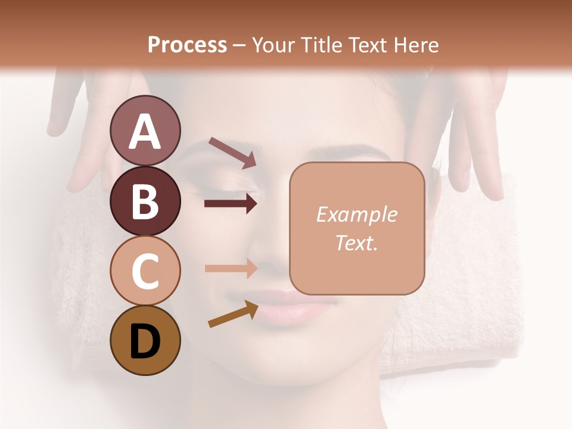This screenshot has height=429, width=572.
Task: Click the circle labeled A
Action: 145,130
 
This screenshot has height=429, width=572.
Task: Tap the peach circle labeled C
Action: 145,271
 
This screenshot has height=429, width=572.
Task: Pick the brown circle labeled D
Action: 145,340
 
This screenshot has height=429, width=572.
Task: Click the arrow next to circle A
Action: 232,153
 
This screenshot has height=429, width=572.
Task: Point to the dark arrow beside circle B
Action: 231,204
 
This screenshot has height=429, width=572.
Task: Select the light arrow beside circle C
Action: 231,268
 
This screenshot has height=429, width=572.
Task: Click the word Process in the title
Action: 187,45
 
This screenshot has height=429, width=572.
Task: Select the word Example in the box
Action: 356,214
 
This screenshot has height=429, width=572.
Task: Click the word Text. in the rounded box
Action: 356,243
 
